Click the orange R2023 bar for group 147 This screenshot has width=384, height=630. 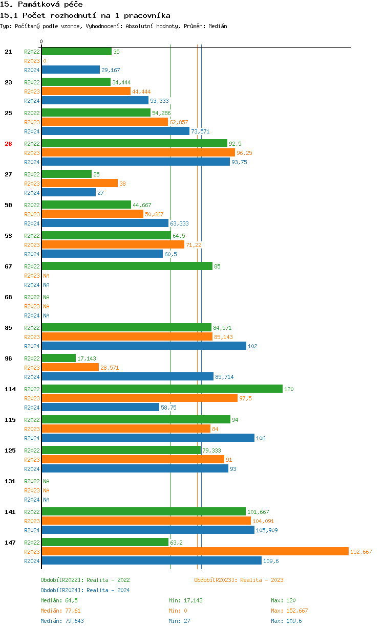(x=195, y=551)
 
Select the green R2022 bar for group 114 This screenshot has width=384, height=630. (x=162, y=389)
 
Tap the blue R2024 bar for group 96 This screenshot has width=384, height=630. (x=127, y=376)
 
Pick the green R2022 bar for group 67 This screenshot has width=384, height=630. (x=127, y=266)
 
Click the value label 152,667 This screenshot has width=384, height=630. (x=361, y=552)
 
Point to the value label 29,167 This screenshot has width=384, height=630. (x=111, y=70)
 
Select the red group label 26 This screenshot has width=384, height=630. (x=8, y=144)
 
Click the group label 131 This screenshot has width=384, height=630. (x=10, y=481)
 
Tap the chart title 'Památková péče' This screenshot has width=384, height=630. (x=41, y=5)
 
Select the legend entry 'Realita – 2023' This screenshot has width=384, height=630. (x=239, y=580)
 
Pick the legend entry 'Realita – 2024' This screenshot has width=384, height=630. (x=85, y=590)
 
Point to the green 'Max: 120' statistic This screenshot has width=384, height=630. (x=283, y=600)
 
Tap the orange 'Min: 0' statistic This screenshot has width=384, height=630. (x=179, y=611)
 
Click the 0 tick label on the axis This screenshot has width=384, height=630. (x=41, y=41)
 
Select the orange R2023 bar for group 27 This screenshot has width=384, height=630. (x=79, y=183)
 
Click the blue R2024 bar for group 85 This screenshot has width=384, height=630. (x=144, y=346)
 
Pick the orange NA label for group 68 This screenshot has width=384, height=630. (x=46, y=306)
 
